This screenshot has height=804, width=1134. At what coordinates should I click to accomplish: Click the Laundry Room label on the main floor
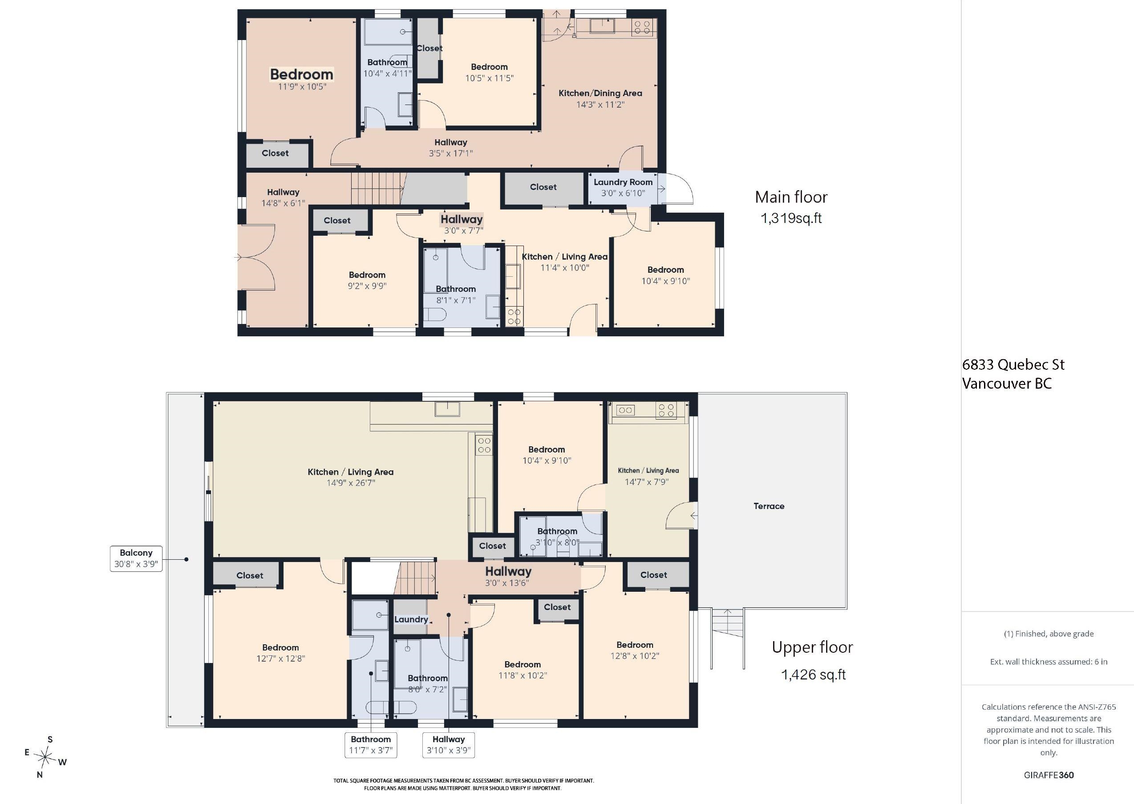[x=623, y=182]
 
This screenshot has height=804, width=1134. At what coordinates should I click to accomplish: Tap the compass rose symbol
[x=45, y=757]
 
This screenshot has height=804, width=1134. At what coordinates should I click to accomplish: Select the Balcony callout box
[x=136, y=558]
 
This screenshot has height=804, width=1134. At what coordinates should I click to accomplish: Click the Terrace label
[x=769, y=506]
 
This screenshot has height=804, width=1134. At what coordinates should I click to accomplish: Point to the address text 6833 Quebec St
[x=1013, y=365]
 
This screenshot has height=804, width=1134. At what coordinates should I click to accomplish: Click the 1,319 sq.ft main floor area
[x=791, y=218]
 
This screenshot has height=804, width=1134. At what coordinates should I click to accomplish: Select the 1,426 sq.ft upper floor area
[x=813, y=675]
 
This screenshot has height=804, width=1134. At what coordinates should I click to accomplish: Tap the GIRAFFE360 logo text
[x=1049, y=775]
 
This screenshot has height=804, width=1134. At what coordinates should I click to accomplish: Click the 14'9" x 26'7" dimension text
[x=351, y=483]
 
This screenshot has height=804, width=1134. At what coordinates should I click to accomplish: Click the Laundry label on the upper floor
[x=411, y=619]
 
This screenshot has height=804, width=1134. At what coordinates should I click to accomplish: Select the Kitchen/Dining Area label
[x=600, y=93]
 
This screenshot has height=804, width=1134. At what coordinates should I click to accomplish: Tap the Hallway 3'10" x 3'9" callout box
[x=448, y=744]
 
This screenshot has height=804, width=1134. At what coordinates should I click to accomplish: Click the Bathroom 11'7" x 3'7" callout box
[x=371, y=744]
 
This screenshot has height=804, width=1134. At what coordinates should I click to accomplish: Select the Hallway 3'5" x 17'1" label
[x=451, y=148]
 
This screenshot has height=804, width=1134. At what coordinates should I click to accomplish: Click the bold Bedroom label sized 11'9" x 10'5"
[x=302, y=74]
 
